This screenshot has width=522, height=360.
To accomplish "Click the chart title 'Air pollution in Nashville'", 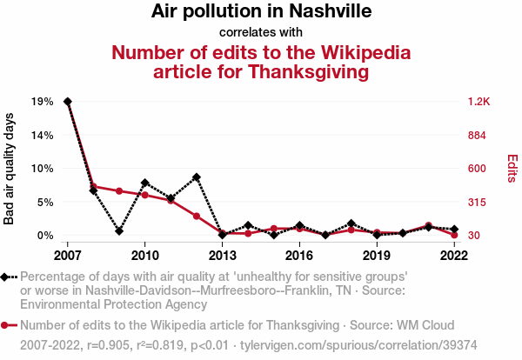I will point(261,12).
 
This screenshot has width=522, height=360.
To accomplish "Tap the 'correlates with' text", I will point(261,32).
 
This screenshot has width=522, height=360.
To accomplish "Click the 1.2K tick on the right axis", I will point(479,102).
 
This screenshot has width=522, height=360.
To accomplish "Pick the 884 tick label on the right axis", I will point(478,135).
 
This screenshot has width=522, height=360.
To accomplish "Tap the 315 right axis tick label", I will point(478,202).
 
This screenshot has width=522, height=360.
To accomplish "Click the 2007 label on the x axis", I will point(67,256).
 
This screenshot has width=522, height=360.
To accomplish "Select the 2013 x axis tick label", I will point(222,256).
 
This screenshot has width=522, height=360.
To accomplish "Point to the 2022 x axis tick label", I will point(454,256).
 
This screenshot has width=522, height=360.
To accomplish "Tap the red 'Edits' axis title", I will point(512,169).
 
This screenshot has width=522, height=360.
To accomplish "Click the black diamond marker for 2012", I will point(197,177).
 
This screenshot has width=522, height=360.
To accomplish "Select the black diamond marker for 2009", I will point(119,231).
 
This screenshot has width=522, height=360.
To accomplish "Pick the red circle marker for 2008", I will point(93,186).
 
